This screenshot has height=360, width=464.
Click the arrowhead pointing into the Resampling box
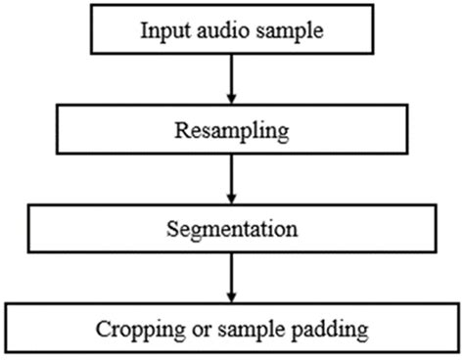tap(230, 98)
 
